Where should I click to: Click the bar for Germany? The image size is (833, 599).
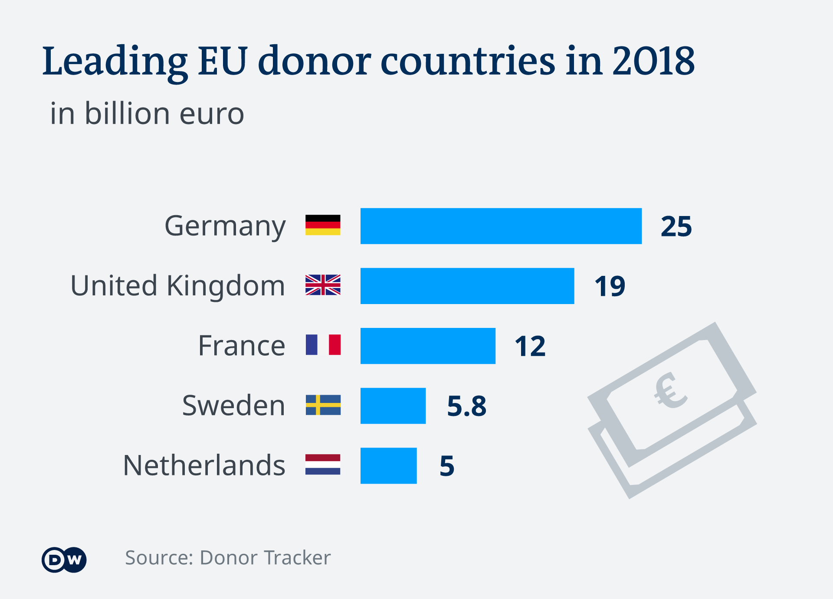[501, 226]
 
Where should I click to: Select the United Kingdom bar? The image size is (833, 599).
[467, 286]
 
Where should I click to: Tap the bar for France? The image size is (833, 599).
[428, 346]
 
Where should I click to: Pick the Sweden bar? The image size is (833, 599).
[393, 406]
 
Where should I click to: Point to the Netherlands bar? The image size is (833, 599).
[388, 465]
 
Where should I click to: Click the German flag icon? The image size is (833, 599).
[323, 225]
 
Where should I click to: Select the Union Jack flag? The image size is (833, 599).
[323, 285]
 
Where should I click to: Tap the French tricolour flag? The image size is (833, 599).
[323, 345]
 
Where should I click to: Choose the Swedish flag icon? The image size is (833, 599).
[323, 405]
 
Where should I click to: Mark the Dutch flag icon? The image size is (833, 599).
[323, 465]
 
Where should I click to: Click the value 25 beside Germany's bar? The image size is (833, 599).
[676, 226]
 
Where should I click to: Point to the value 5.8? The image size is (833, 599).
[466, 406]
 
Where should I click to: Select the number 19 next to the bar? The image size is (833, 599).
[610, 286]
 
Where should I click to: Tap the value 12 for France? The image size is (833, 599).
[530, 347]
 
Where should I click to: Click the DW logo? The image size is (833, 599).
[64, 560]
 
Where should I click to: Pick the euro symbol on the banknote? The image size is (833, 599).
[670, 391]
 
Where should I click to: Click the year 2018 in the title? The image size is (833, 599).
[653, 61]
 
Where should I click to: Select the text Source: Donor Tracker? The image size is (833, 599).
[228, 558]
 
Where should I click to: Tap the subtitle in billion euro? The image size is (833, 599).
[147, 114]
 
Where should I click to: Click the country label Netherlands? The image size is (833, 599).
[204, 465]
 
